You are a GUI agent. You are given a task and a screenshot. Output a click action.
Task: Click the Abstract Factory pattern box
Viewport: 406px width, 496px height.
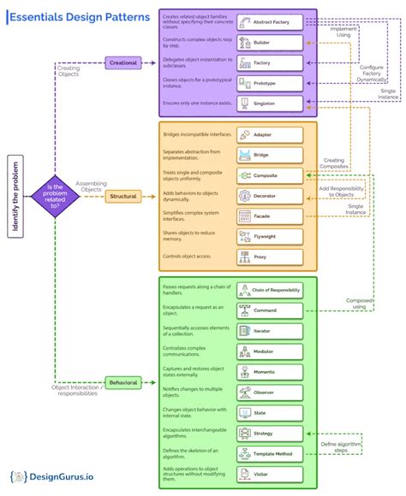click(269, 21)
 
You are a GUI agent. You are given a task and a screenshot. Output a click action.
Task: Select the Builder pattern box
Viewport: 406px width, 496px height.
click(269, 42)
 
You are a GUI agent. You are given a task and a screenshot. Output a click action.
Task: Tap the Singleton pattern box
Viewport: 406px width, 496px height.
click(269, 103)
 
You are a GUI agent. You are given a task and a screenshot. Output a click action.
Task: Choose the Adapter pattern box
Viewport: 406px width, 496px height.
click(269, 135)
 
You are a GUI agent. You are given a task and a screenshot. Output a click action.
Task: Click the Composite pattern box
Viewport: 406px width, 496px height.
click(269, 175)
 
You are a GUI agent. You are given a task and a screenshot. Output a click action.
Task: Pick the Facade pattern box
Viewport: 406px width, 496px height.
click(269, 216)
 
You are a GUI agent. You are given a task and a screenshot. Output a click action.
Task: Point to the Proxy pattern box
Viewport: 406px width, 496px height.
click(269, 257)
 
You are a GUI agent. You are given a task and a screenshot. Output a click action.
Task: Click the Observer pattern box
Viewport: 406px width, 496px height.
click(269, 393)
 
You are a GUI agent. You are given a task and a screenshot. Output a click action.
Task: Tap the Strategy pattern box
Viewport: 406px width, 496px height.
click(269, 434)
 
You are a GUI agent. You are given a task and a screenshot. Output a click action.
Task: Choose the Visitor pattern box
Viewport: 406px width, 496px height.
click(269, 474)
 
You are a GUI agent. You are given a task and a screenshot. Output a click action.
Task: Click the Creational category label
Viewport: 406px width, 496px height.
click(123, 62)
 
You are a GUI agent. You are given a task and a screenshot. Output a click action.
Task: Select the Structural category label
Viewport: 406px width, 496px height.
click(123, 197)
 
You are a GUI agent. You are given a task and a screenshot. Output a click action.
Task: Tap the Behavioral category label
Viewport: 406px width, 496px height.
click(123, 382)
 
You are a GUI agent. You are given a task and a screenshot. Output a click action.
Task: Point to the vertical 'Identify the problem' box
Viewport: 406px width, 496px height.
click(15, 196)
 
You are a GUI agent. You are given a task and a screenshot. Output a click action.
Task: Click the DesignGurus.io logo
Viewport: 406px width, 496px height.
click(53, 477)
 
